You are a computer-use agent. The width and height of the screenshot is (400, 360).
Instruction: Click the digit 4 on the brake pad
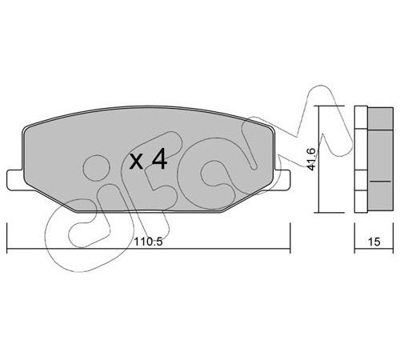pos(159,159)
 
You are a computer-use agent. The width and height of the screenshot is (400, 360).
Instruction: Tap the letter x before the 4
pos(136,162)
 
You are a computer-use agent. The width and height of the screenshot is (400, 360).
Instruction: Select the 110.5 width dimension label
pos(148,242)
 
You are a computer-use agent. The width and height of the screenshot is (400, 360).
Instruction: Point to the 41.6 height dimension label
pos(311,159)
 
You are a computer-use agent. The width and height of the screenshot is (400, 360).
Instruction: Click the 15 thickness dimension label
pos(374,242)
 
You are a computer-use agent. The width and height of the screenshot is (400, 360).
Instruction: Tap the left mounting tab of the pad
pos(15,180)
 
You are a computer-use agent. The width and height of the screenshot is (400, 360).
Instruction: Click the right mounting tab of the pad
pos(282,180)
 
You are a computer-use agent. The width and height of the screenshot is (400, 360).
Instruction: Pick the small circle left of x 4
pos(96,168)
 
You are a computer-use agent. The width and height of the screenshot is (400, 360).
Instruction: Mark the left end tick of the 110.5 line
pos(6,238)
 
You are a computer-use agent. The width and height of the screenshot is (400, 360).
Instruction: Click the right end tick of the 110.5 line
pos(290,238)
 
